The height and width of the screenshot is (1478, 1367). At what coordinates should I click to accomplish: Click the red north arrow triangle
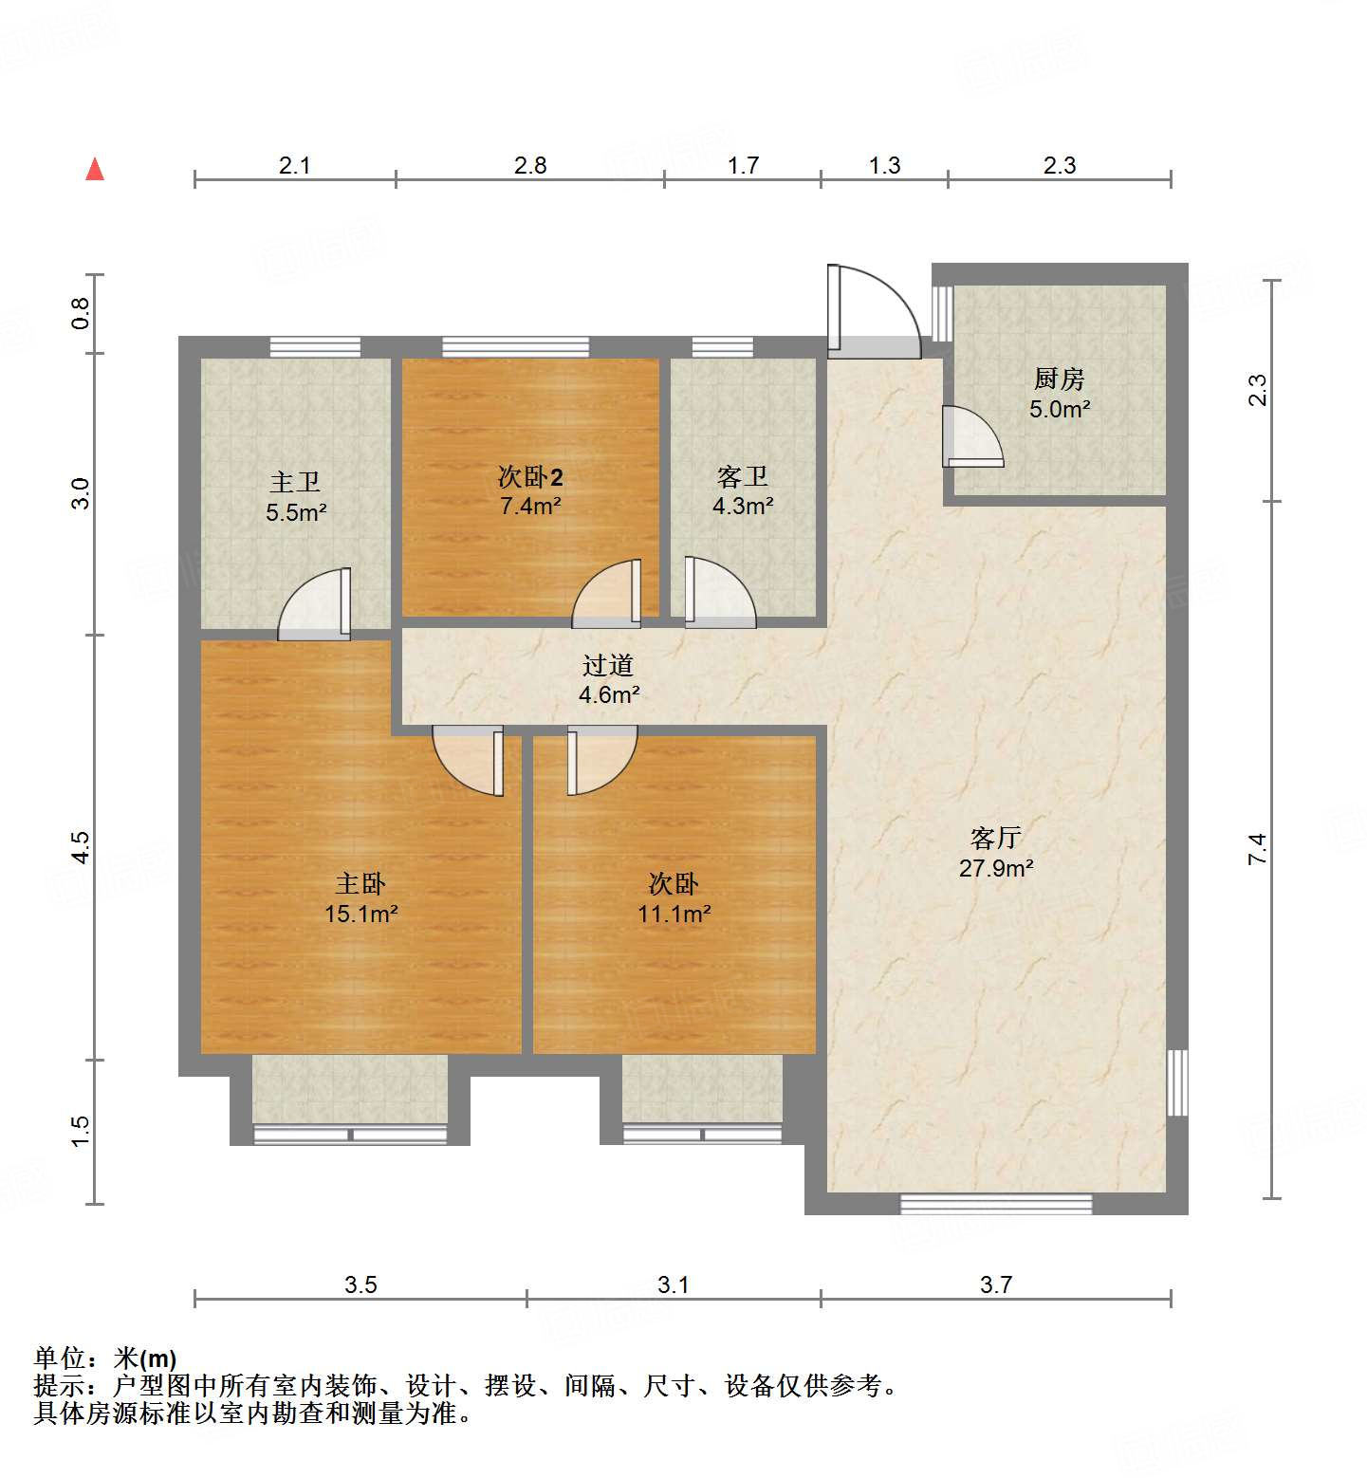click(x=95, y=170)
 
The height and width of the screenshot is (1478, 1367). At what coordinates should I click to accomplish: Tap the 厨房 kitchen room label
click(x=1059, y=379)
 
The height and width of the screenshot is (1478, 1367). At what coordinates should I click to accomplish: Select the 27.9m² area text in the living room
click(x=995, y=868)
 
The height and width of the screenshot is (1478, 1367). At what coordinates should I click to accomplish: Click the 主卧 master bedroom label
click(x=360, y=884)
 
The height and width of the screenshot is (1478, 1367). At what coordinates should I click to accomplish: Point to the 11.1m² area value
click(x=674, y=914)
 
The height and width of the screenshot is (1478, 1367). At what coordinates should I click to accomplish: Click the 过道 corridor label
click(x=608, y=666)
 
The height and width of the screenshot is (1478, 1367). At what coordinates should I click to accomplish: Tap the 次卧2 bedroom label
click(x=530, y=477)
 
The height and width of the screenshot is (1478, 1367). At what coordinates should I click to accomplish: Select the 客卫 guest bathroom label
click(x=742, y=477)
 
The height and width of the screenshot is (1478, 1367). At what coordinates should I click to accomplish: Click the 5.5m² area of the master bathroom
click(x=296, y=513)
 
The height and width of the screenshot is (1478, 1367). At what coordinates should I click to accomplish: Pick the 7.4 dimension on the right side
click(x=1257, y=848)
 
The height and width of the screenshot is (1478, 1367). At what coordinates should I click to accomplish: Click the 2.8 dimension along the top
click(x=530, y=166)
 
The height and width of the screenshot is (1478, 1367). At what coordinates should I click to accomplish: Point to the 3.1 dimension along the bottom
click(x=673, y=1284)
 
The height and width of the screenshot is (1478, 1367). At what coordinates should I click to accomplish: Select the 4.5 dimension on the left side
click(x=82, y=847)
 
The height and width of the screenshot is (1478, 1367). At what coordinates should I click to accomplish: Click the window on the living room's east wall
click(x=1177, y=1082)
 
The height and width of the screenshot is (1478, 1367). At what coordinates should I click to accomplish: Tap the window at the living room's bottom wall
click(x=995, y=1205)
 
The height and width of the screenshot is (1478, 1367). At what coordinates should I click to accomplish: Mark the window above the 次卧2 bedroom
click(x=515, y=347)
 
